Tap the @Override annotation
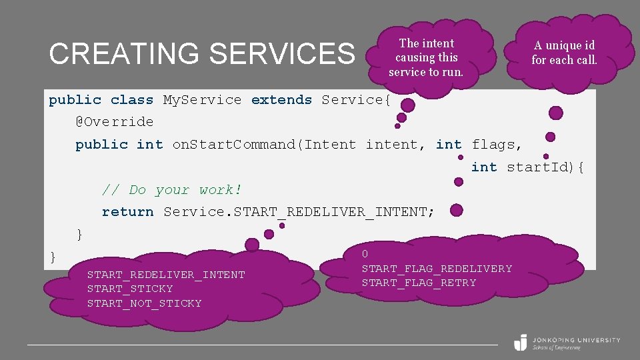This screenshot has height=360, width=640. [114, 122]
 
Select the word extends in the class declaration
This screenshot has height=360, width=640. [281, 100]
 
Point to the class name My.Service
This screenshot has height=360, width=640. [202, 100]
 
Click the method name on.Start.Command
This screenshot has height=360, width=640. [234, 145]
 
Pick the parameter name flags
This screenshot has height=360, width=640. [497, 145]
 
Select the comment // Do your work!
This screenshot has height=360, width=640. [172, 190]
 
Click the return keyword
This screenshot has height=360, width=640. [127, 212]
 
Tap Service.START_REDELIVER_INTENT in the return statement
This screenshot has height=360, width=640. [299, 212]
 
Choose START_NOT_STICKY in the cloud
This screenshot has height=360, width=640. [144, 303]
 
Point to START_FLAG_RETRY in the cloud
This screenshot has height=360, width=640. [419, 283]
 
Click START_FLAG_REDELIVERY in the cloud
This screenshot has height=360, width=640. [437, 269]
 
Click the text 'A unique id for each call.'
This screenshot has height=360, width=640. [564, 52]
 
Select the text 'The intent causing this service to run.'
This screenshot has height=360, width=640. [426, 57]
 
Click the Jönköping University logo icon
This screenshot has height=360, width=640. [521, 342]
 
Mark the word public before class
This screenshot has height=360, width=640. [75, 100]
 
